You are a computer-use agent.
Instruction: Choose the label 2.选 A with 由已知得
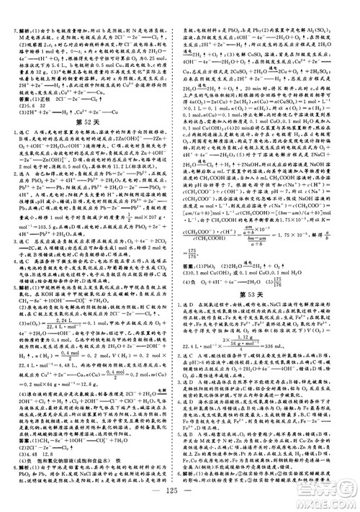tap(29, 184)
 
